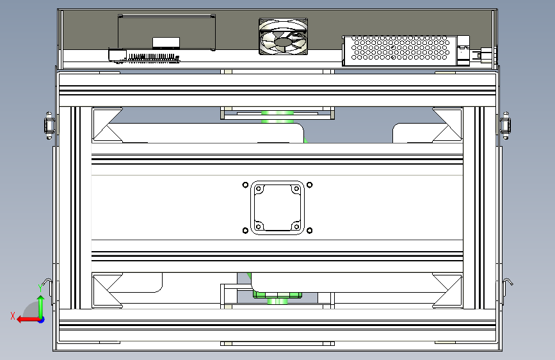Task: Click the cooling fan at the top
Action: [284, 37]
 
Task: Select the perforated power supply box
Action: [401, 49]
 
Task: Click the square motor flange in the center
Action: [277, 208]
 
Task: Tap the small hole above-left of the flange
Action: [245, 186]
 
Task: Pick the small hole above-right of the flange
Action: [310, 186]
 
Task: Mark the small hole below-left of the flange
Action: [245, 231]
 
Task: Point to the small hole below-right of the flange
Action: [310, 231]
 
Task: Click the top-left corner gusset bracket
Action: [107, 124]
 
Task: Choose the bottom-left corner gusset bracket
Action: [107, 290]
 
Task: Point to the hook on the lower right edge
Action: [509, 282]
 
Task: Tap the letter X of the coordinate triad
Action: [13, 315]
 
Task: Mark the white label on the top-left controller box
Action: [166, 43]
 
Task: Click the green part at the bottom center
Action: [277, 295]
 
